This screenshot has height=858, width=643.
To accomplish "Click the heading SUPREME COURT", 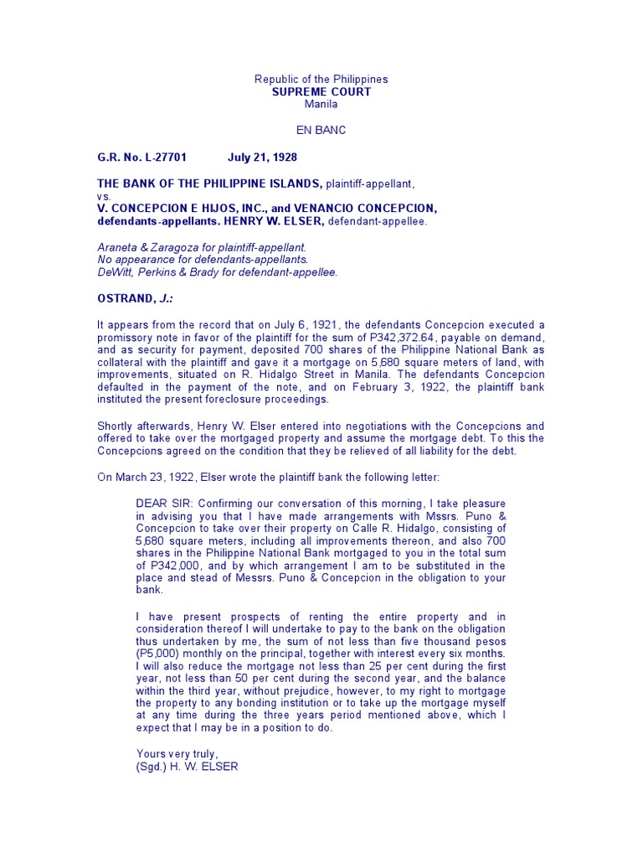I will [321, 91].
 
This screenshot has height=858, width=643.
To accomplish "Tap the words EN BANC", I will [321, 130].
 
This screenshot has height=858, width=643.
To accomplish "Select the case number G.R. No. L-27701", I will [141, 157].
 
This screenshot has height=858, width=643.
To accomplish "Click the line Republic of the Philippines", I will [321, 80].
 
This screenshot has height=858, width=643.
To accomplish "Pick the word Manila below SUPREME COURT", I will [321, 104].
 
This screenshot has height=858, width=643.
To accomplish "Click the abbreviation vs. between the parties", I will [105, 195].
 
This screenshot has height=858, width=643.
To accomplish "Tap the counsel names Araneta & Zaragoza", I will [154, 247].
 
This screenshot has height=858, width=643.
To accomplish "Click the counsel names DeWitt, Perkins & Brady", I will [167, 272].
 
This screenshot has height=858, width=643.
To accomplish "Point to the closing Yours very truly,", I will [176, 754].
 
